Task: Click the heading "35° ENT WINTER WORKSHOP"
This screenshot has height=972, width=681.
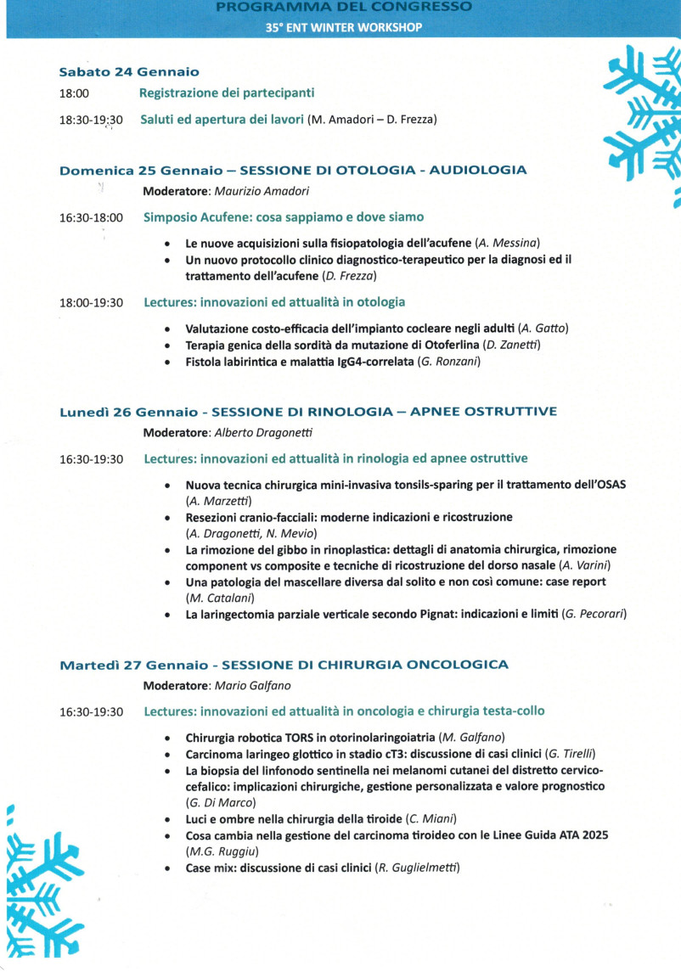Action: (343, 26)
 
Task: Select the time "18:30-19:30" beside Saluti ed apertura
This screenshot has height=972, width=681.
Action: (91, 121)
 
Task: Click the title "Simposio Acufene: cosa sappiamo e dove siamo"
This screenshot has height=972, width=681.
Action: (284, 217)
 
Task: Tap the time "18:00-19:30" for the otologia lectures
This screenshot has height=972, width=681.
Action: (91, 302)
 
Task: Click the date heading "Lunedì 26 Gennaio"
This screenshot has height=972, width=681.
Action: (129, 413)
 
